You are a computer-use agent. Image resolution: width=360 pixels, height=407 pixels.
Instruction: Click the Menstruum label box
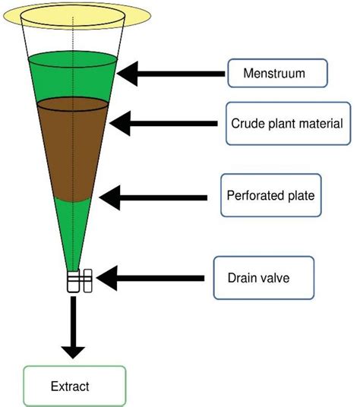click(278, 74)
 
